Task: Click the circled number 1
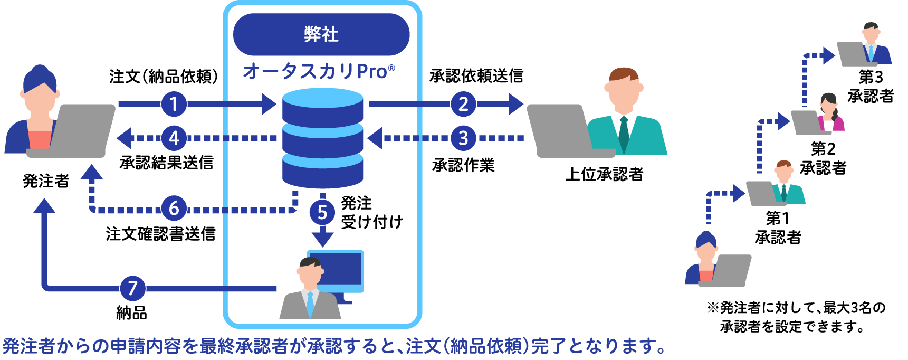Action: click(x=174, y=104)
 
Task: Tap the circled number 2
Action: click(x=463, y=104)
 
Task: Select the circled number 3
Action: click(x=463, y=138)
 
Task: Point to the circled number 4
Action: click(x=174, y=138)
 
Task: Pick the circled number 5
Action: click(x=322, y=213)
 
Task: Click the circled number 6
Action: click(x=174, y=209)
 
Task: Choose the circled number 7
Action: click(x=132, y=288)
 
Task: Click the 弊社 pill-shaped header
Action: click(x=321, y=35)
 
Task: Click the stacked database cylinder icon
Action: click(x=322, y=138)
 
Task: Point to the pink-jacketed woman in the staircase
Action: click(x=830, y=113)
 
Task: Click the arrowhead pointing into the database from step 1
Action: click(x=269, y=104)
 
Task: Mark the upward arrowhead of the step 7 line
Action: click(x=44, y=206)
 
